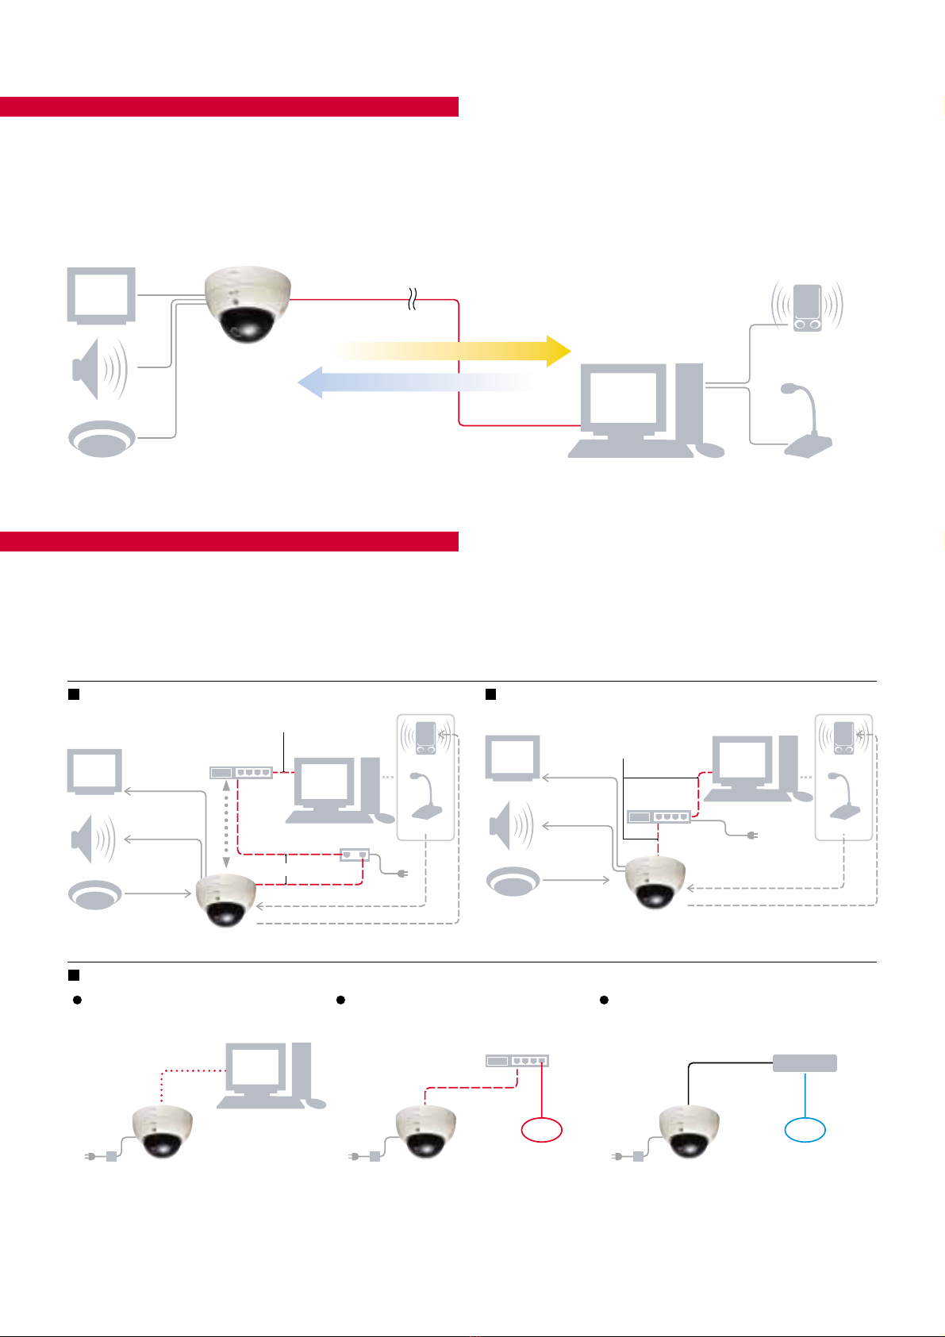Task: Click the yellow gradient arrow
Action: [452, 350]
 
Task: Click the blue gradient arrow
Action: [413, 382]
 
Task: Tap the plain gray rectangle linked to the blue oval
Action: [805, 1063]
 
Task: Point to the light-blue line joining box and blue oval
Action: [805, 1095]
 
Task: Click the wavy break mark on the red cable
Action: [412, 300]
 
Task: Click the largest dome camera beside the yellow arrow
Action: [248, 303]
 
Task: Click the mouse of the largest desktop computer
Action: [709, 450]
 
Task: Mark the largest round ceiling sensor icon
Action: [101, 438]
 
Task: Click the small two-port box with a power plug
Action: [354, 855]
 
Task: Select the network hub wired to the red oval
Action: [517, 1061]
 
